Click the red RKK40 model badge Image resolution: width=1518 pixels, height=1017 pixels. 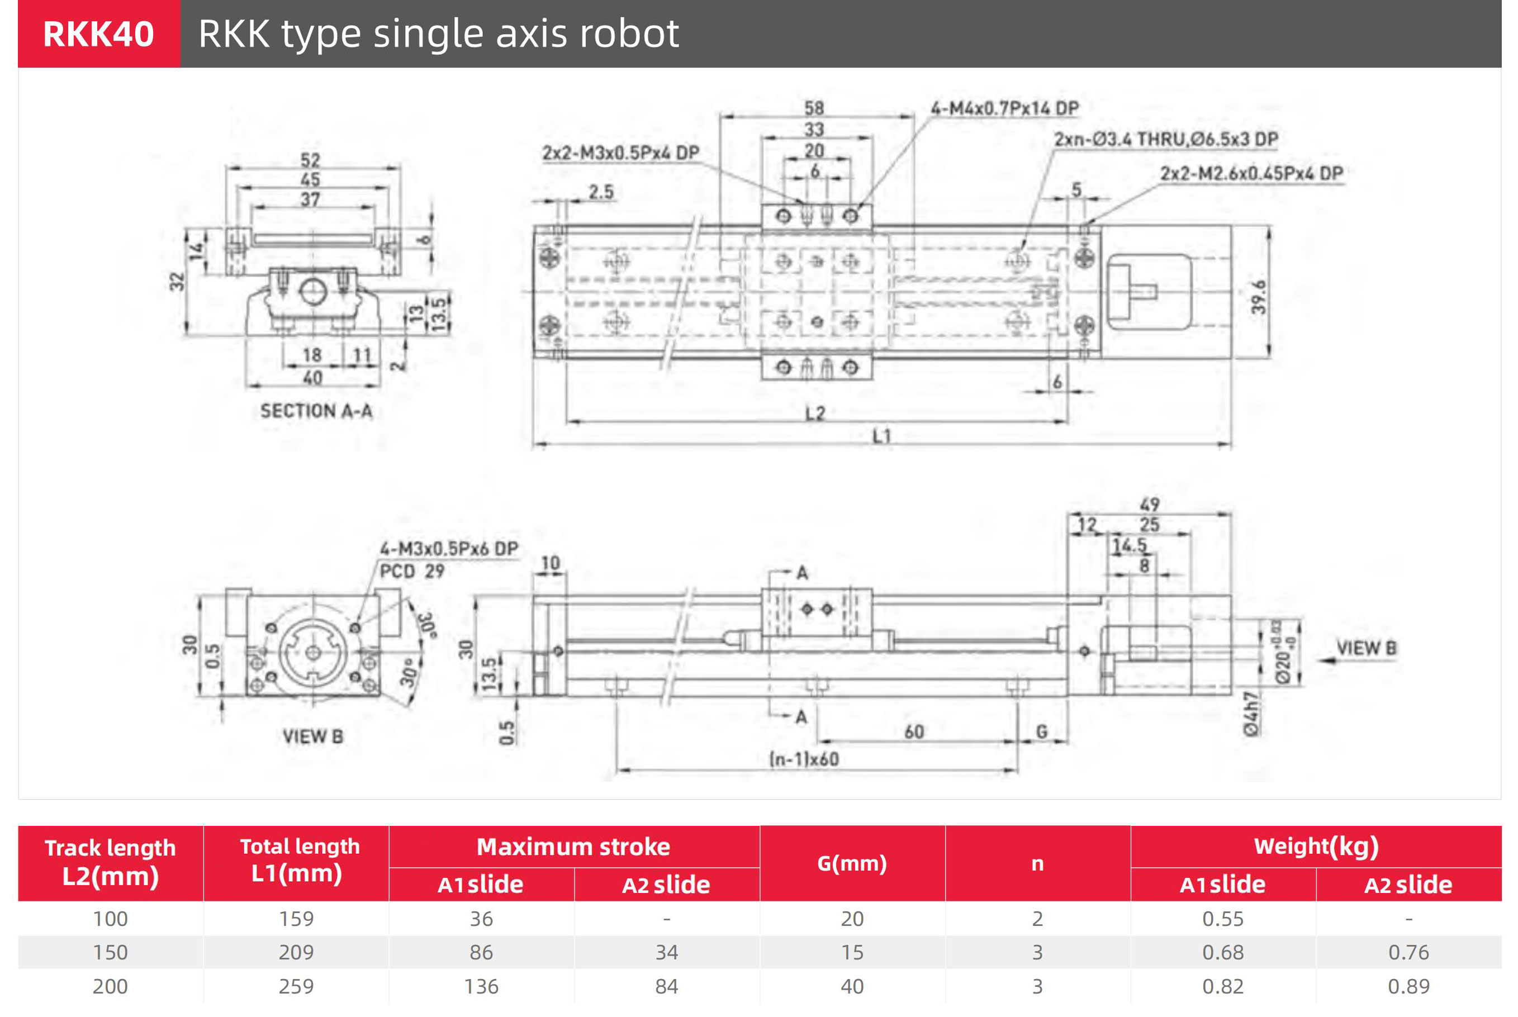click(98, 34)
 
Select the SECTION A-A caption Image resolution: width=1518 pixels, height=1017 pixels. click(316, 411)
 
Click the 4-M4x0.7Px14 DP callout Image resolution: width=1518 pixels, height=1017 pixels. click(1004, 108)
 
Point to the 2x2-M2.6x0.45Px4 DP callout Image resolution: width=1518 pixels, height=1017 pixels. click(1251, 174)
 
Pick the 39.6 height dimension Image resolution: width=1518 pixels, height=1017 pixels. click(1259, 297)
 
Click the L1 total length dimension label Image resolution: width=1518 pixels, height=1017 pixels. click(881, 436)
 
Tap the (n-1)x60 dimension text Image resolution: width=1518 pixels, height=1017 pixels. click(804, 759)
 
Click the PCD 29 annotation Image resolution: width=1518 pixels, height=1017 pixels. click(411, 572)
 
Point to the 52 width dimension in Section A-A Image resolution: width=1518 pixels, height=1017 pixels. click(310, 160)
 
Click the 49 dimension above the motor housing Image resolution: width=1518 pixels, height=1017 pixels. click(1150, 505)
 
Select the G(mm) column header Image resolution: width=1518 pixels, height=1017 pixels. click(852, 863)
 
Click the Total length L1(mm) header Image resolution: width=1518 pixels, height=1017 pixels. click(299, 860)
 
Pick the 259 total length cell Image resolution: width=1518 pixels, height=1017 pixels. click(296, 986)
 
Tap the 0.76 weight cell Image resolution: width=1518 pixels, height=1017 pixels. click(1408, 952)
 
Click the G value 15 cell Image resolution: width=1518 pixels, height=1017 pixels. click(852, 952)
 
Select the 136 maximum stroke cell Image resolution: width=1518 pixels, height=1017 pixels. click(481, 986)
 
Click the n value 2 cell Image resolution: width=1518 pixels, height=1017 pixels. click(1037, 919)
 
